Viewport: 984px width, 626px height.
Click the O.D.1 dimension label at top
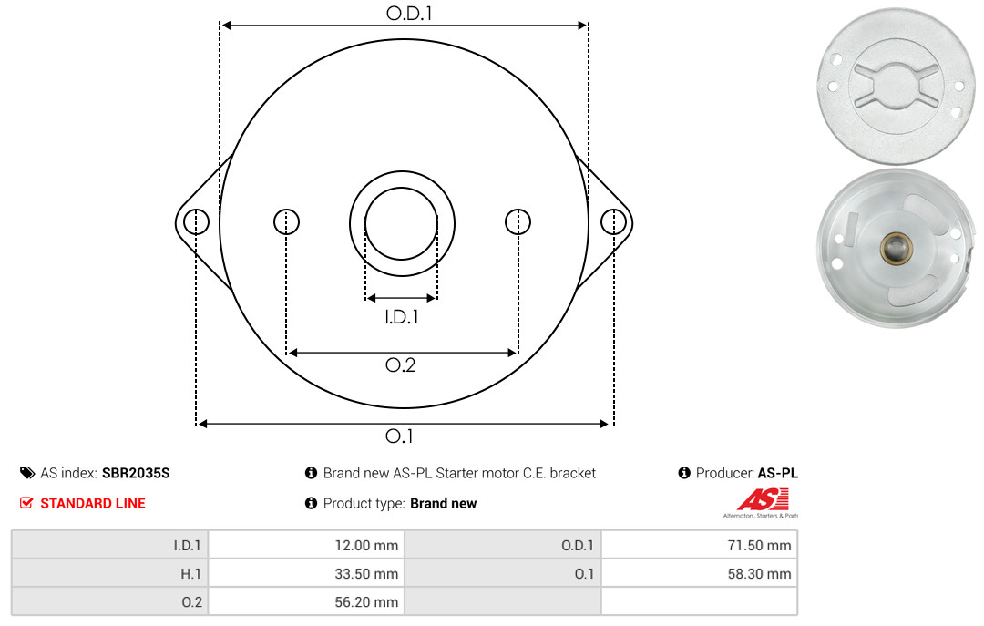[x=409, y=13]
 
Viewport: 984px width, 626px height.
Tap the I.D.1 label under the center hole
[x=402, y=317]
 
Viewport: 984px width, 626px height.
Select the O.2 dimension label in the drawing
[x=400, y=364]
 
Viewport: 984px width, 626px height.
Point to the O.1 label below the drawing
[x=399, y=436]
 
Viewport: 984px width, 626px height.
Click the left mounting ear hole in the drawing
[x=197, y=222]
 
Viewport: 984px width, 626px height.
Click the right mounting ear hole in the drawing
[x=613, y=222]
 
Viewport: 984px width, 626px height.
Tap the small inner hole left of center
[x=287, y=221]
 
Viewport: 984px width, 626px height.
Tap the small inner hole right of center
[x=518, y=221]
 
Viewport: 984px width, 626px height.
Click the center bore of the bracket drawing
[x=402, y=223]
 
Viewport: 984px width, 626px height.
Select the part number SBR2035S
[x=136, y=474]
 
